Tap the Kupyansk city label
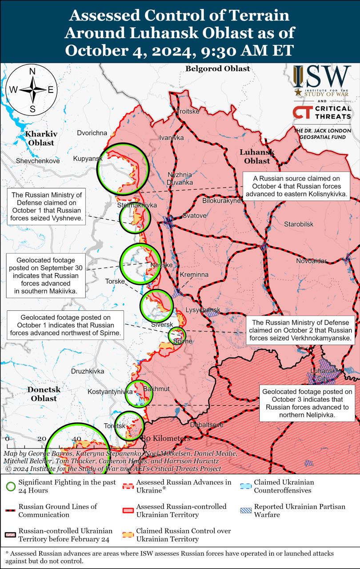(x=88, y=159)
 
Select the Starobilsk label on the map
(x=299, y=224)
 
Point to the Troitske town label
(x=188, y=111)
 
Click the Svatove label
(x=194, y=216)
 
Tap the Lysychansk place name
(x=203, y=309)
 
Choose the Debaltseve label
(x=206, y=425)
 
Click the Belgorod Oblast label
(x=217, y=68)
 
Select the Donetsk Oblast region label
(x=44, y=394)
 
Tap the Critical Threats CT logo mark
(x=302, y=112)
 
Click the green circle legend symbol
(x=11, y=486)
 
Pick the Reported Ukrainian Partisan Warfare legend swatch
(x=245, y=510)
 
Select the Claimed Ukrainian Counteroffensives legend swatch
(x=245, y=486)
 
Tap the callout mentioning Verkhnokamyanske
(x=300, y=330)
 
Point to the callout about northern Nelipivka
(x=307, y=403)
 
